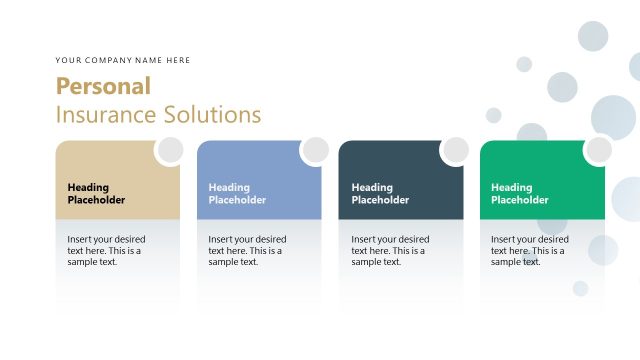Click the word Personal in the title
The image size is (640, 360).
click(x=103, y=86)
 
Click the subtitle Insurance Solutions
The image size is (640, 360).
click(x=158, y=114)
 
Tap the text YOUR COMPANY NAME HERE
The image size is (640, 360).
click(x=123, y=60)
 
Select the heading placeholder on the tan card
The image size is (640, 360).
click(x=97, y=193)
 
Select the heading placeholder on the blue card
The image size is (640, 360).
click(x=237, y=193)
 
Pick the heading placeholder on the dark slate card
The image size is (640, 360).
click(x=380, y=193)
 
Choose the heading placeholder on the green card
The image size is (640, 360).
click(x=520, y=193)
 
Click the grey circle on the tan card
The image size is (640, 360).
click(x=170, y=150)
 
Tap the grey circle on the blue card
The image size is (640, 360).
click(x=315, y=150)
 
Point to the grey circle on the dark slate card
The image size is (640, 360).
click(x=455, y=150)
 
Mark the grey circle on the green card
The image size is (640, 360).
click(x=598, y=150)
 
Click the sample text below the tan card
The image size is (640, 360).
click(x=106, y=250)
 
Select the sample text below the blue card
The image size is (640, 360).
click(x=247, y=250)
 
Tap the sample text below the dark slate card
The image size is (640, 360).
click(x=390, y=250)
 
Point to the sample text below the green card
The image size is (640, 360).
click(x=530, y=250)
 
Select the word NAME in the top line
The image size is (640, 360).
click(x=151, y=60)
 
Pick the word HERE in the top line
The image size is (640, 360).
click(x=179, y=60)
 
